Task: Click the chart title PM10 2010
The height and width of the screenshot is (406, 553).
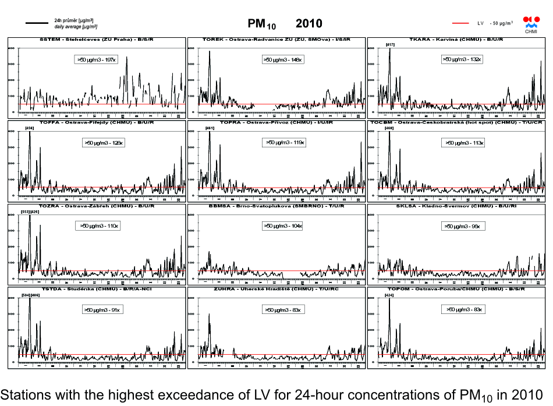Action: tap(285, 24)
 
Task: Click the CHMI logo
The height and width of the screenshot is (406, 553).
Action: tap(531, 24)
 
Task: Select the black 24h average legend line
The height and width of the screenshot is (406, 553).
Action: tap(37, 23)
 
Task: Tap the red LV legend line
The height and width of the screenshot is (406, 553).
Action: tap(460, 23)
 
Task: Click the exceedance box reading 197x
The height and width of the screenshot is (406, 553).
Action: tap(97, 59)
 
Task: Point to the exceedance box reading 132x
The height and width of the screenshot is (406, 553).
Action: tap(461, 59)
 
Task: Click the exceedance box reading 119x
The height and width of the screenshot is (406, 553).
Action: tap(285, 142)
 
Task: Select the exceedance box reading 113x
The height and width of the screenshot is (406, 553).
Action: tap(464, 142)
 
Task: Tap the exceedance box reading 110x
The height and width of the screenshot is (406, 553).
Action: tap(100, 225)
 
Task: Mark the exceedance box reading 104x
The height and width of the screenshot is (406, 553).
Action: tap(283, 225)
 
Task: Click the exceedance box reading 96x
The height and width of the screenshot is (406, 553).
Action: tap(462, 226)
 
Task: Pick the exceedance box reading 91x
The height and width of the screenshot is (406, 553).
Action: tap(102, 310)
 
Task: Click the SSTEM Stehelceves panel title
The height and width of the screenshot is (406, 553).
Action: tap(96, 40)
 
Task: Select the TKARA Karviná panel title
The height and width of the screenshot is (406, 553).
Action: tap(456, 40)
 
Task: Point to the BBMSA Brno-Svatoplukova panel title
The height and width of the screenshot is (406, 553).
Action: tap(276, 206)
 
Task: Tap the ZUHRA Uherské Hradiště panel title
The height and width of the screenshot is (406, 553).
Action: tap(276, 290)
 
